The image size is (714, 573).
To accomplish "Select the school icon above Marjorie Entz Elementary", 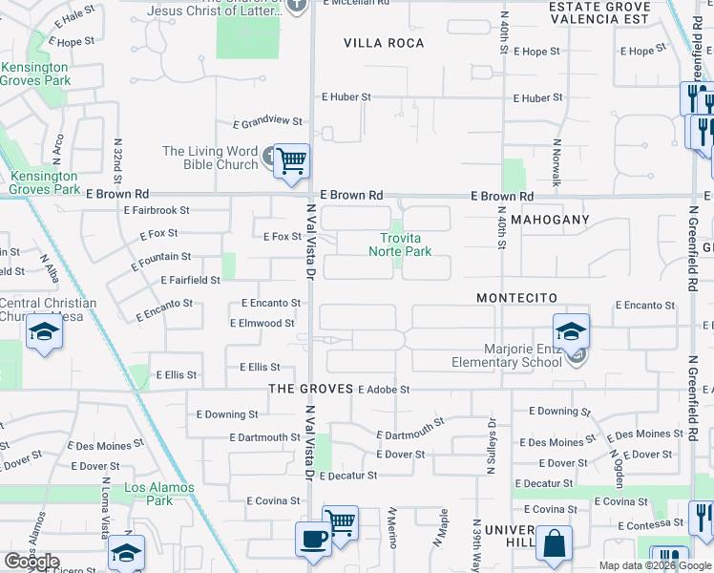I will [x=571, y=331].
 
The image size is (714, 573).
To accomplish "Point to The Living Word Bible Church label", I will [x=210, y=158].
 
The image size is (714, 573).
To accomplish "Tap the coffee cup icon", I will [x=313, y=538].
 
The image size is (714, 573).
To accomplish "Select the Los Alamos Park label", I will [x=159, y=494].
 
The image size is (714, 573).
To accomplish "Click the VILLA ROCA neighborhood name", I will [x=384, y=43].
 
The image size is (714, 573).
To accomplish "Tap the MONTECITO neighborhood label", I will [x=516, y=298].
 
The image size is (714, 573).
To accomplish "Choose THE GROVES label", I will [x=309, y=389].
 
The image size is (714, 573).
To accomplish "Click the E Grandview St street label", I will [x=267, y=122].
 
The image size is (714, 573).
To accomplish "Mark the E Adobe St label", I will [x=383, y=390].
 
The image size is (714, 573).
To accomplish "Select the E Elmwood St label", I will [x=262, y=324].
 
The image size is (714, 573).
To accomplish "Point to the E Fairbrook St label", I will [x=157, y=210].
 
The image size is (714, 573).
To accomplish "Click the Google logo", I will [x=31, y=561].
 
